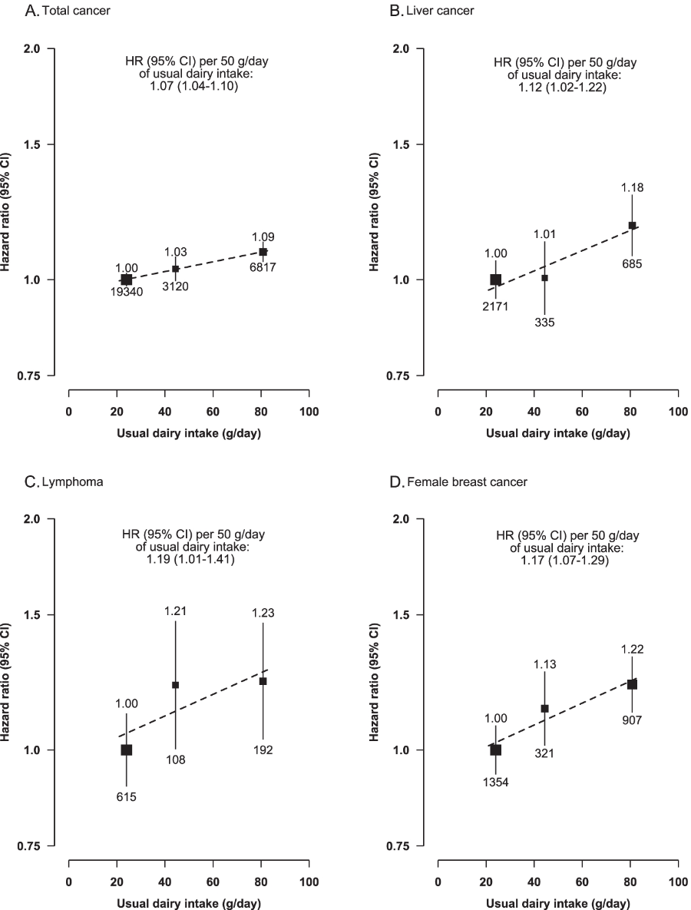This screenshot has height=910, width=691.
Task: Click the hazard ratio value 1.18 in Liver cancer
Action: coord(632,187)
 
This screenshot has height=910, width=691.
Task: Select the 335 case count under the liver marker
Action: coord(544,322)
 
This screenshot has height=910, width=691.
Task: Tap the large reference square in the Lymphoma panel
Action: coord(127,750)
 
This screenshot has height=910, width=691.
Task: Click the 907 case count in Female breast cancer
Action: coord(632,720)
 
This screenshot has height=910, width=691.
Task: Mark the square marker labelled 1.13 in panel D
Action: coord(544,708)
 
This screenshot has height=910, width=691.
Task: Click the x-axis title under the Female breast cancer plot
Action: coord(557,903)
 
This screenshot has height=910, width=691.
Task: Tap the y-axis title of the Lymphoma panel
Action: coord(8,682)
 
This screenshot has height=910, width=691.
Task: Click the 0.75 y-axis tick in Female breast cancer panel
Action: coord(404,845)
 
